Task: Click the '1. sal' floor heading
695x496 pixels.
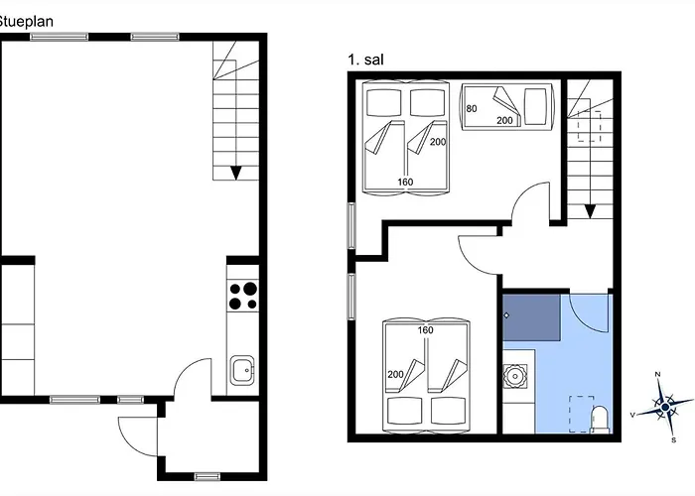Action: tap(365, 60)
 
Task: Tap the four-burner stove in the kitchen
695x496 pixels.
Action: tap(243, 296)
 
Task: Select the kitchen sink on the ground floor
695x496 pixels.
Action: tap(242, 371)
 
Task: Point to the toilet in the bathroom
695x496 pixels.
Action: tap(599, 420)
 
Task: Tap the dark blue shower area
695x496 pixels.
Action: tap(531, 318)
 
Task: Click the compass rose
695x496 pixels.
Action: tap(659, 407)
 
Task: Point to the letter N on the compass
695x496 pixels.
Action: tap(659, 375)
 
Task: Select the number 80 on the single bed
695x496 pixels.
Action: tap(472, 108)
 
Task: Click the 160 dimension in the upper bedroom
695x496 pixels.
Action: tap(405, 182)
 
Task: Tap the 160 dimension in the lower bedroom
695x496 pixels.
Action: tap(425, 330)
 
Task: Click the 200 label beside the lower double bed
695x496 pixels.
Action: tap(395, 373)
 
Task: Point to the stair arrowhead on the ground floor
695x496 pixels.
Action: tap(235, 172)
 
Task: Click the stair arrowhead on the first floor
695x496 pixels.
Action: tap(590, 210)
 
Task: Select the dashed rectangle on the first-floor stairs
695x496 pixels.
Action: tap(591, 128)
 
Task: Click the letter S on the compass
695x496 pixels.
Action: tap(672, 438)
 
